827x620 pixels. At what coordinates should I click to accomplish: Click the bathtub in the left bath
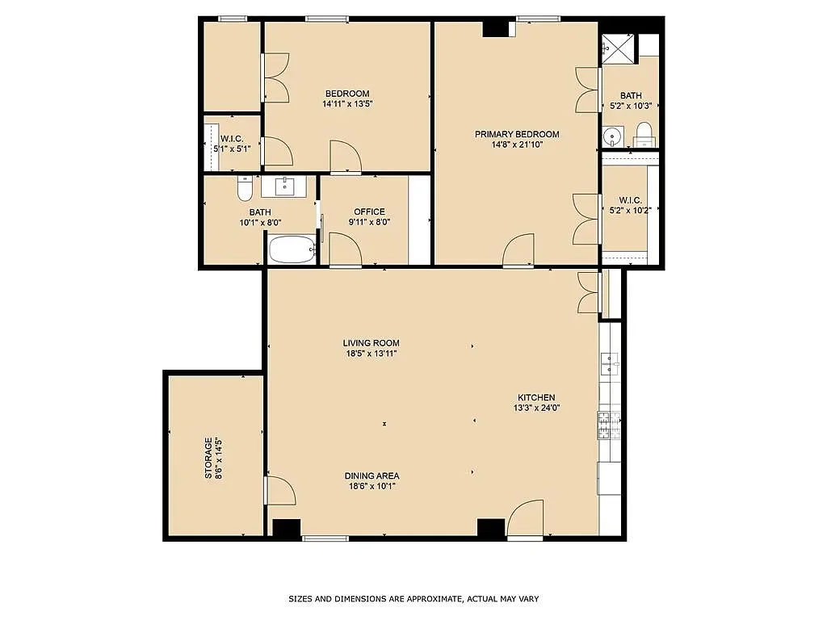pos(292,249)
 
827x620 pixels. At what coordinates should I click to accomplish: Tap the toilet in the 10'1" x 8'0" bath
pos(245,189)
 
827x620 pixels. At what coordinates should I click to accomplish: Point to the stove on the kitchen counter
pos(608,425)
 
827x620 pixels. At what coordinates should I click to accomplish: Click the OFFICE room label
pos(369,212)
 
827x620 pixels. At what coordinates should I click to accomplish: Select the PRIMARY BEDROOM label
pos(517,134)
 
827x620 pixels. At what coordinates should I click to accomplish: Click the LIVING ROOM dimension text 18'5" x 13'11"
pos(371,354)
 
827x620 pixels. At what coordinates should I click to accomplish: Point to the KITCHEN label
pos(536,397)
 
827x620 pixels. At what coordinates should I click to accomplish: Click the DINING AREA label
pos(372,475)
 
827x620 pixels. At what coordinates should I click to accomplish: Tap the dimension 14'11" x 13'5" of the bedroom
pos(347,103)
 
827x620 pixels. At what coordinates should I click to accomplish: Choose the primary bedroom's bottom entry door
pos(518,250)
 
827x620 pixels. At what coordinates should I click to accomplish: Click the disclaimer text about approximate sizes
pos(413,599)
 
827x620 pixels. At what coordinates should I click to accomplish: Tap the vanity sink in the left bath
pos(283,186)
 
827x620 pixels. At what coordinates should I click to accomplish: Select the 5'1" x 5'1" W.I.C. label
pos(232,143)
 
